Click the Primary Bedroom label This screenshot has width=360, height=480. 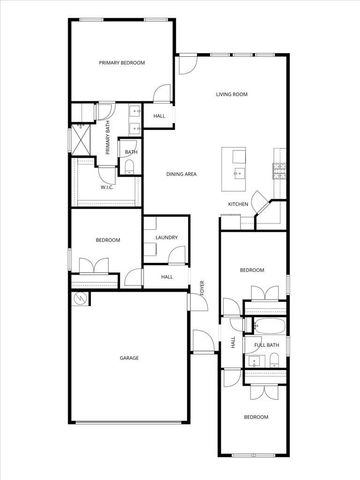tap(122, 63)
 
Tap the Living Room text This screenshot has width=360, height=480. tap(232, 94)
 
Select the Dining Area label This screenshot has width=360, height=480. tap(181, 174)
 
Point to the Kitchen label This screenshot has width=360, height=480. tap(237, 204)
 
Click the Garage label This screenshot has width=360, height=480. tap(129, 358)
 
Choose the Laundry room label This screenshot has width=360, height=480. tap(166, 237)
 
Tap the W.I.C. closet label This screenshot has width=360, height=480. tap(106, 188)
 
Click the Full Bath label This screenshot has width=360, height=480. tap(265, 345)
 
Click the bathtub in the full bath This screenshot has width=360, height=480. tap(265, 327)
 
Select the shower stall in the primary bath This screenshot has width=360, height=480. tap(81, 141)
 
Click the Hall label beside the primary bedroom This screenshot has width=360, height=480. tap(159, 117)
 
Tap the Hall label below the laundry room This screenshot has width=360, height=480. tap(167, 277)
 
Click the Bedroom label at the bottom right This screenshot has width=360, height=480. tap(257, 416)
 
